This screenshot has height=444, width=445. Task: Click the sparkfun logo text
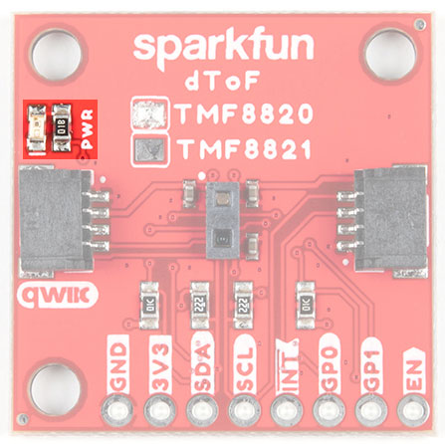coord(223,50)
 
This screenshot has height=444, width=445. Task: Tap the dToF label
coord(222,82)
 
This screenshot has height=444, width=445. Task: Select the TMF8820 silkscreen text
coord(244,113)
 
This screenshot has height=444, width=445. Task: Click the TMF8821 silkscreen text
coord(245,148)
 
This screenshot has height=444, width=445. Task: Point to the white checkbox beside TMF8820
coord(149,113)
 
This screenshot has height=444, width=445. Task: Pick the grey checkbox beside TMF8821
coord(149,149)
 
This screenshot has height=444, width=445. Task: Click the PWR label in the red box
coord(89,128)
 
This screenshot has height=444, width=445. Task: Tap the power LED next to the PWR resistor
coord(37,128)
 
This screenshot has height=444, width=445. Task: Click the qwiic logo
coord(58,295)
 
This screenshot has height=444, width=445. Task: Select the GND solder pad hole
coord(117,410)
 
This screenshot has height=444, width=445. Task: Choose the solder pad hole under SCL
coord(245,410)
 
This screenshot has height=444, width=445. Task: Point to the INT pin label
coord(288,365)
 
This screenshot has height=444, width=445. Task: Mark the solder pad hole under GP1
coord(371,410)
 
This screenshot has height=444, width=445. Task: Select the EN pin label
coord(414,370)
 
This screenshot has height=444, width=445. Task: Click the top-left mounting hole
coord(57,55)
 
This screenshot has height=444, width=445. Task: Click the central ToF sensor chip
coord(222,220)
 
